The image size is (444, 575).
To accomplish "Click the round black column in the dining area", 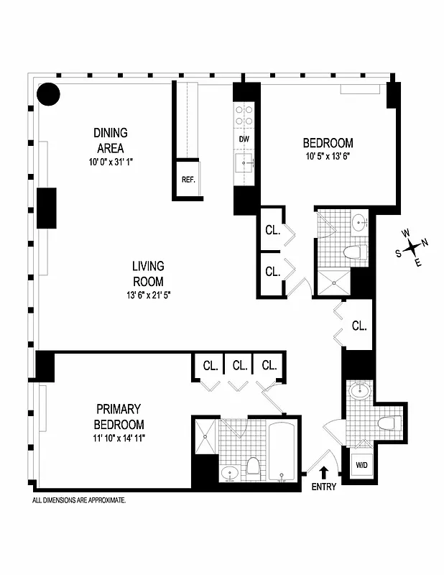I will [x=48, y=93].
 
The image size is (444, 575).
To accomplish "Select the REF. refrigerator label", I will [x=188, y=180].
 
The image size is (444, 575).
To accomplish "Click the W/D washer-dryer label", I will [x=360, y=464].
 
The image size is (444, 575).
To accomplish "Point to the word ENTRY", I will [x=323, y=487].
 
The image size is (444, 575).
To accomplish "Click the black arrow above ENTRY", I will [x=323, y=471].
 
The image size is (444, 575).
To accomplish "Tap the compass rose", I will [x=411, y=247].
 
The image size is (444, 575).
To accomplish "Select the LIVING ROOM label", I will [x=147, y=274].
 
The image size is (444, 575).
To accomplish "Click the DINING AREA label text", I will [x=111, y=140].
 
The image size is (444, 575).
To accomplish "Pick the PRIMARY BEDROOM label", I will [x=119, y=417].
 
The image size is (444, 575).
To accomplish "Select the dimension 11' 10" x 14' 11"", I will [x=119, y=437].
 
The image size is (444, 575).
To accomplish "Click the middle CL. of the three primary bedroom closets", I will [x=239, y=365].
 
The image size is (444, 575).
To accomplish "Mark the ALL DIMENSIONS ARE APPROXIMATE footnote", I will [x=79, y=500].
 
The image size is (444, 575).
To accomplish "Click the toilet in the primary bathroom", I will [x=253, y=468].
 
